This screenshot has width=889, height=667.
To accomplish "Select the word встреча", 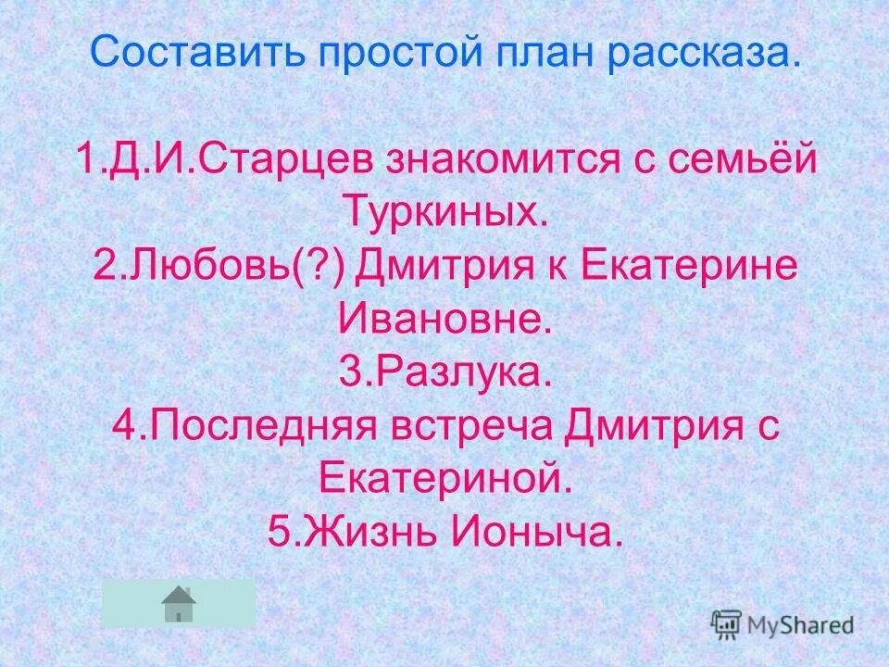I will click(495, 428).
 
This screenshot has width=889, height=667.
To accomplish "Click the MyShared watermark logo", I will click(783, 625).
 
